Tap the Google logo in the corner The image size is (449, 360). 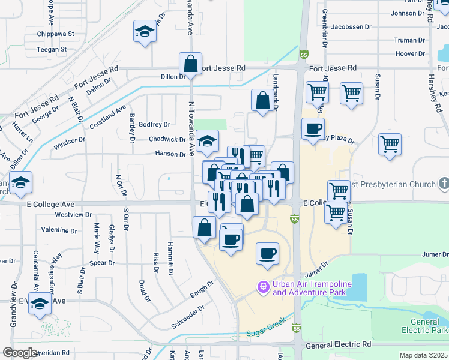(20, 353)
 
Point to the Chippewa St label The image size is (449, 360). (55, 34)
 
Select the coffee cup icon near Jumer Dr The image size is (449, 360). (268, 253)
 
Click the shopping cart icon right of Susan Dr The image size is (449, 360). (390, 144)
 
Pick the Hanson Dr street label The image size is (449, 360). (171, 154)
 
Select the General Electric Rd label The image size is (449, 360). (338, 345)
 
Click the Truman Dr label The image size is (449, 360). (410, 40)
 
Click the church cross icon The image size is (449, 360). (444, 182)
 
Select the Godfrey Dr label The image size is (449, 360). (154, 125)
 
